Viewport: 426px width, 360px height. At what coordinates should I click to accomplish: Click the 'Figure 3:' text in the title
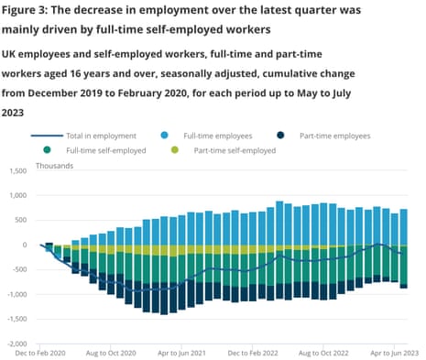37,11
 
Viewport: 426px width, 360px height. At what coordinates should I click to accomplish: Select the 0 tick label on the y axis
26,245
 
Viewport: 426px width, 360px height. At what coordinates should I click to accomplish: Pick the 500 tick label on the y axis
21,220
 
